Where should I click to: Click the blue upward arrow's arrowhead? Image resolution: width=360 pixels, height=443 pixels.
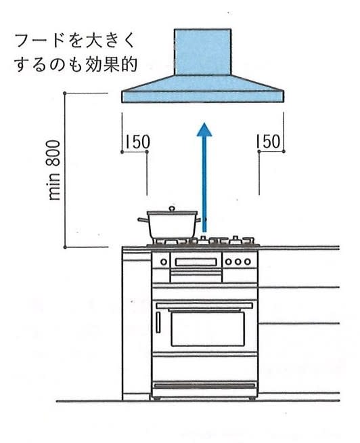coord(204,130)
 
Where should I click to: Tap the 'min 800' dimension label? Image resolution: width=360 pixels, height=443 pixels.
coord(54,171)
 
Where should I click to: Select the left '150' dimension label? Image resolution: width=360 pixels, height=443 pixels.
coord(137,142)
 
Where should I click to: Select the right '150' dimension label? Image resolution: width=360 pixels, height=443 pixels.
coord(268,142)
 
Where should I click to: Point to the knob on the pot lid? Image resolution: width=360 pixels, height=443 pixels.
coord(172,209)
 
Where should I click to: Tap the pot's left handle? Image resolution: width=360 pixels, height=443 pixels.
coord(143,219)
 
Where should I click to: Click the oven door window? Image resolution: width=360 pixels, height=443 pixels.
coord(208,329)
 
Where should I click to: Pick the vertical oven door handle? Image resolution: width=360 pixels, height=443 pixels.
coord(158,322)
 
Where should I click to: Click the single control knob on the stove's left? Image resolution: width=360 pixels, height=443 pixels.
coord(164,262)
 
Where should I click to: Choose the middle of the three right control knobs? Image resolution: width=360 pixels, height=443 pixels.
coord(238,261)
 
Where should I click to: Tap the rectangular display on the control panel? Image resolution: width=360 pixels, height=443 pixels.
coord(196,262)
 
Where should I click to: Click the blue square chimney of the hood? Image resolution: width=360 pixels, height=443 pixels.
coord(202,52)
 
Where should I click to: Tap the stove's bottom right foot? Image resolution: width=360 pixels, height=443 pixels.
coord(252,398)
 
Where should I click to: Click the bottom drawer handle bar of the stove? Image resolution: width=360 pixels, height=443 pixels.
coord(205,385)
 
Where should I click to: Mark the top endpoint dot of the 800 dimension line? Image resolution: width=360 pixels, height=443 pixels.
coord(65,93)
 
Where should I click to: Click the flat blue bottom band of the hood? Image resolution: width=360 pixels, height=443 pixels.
coord(202,97)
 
